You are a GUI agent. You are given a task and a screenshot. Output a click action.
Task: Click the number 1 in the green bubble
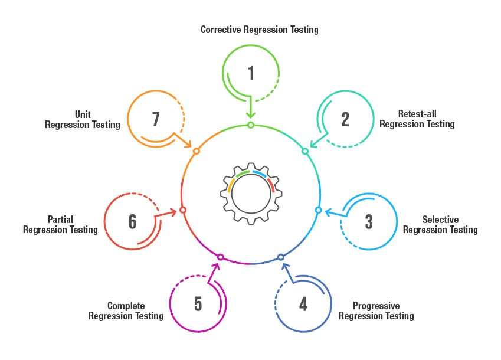click(x=251, y=73)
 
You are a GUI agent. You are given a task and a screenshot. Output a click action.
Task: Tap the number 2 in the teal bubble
click(x=345, y=119)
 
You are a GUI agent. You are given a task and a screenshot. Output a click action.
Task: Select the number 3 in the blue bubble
click(x=369, y=222)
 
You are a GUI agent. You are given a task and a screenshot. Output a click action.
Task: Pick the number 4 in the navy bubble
click(x=303, y=304)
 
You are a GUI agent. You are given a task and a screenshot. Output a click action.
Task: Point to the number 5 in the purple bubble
click(x=198, y=304)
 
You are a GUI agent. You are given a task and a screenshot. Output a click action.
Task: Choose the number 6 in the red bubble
click(x=133, y=222)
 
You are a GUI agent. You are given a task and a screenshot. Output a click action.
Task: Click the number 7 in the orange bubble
click(x=156, y=119)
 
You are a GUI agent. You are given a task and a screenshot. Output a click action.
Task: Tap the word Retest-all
click(x=417, y=114)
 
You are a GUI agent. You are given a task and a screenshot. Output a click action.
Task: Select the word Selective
click(x=440, y=220)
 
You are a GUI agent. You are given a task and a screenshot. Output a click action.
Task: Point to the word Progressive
click(x=376, y=306)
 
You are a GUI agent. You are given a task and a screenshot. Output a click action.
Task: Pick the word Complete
click(x=126, y=306)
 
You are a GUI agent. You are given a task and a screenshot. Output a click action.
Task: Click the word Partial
click(x=60, y=220)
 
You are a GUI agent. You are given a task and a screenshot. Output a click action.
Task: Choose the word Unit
click(x=83, y=114)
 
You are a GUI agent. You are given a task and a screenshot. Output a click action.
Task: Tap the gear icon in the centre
click(x=251, y=194)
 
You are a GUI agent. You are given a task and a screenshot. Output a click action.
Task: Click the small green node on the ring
click(x=251, y=125)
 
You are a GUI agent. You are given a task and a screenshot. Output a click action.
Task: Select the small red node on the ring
click(x=183, y=210)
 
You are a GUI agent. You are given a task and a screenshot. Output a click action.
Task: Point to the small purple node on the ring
click(x=221, y=257)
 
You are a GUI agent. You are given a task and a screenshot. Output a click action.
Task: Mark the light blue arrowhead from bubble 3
click(x=328, y=211)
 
